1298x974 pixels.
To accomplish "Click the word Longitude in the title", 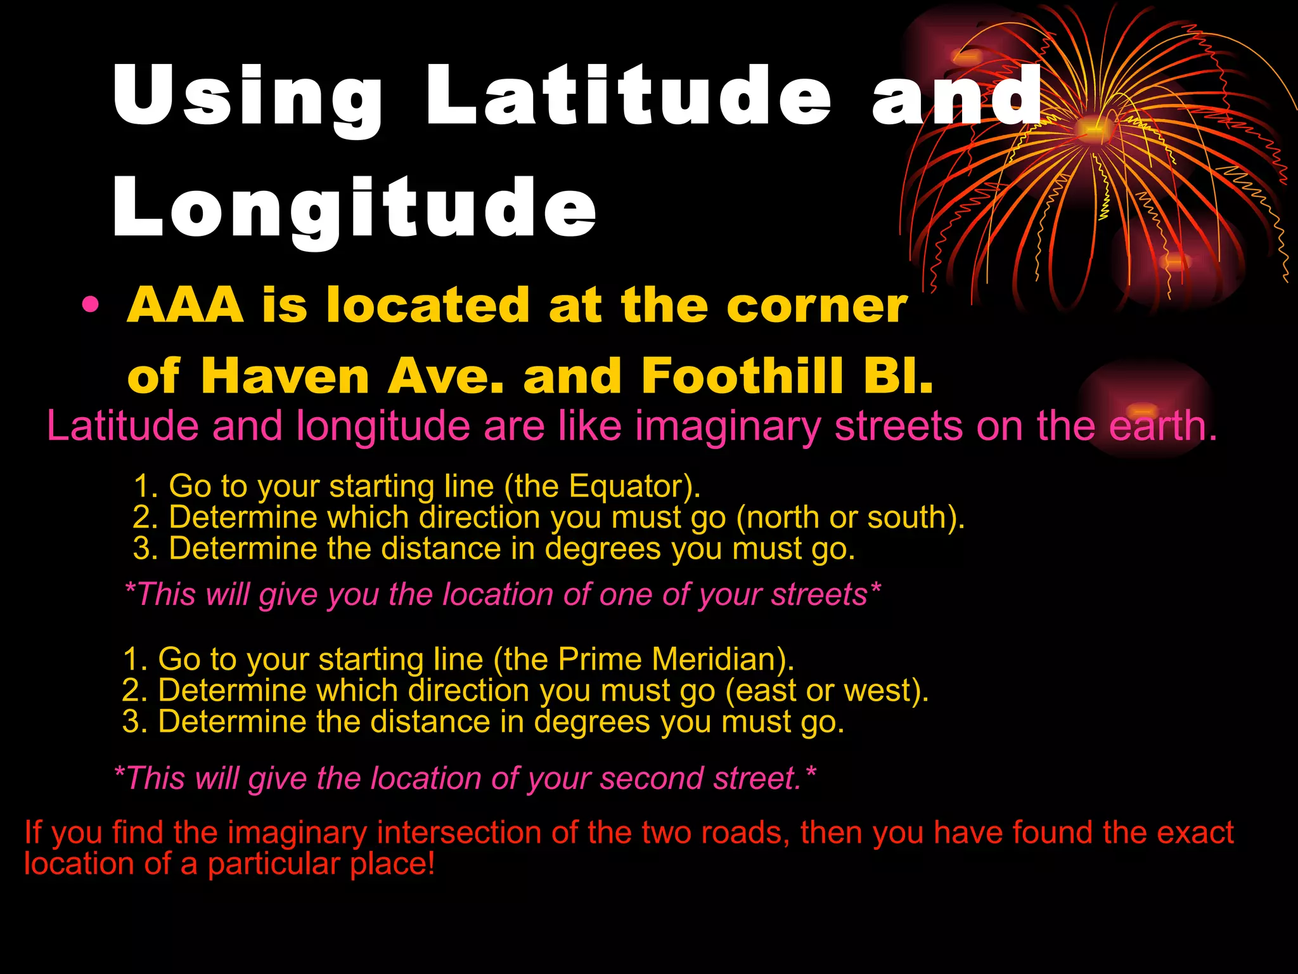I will (355, 209).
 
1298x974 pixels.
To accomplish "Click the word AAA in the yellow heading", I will (185, 306).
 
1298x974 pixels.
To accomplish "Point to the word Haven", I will (285, 376).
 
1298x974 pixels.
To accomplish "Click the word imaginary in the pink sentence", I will (728, 427).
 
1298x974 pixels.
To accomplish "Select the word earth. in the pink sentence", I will (1163, 425).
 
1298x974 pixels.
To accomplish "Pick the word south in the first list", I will (910, 517).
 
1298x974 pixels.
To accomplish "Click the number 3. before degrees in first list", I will (145, 549).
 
